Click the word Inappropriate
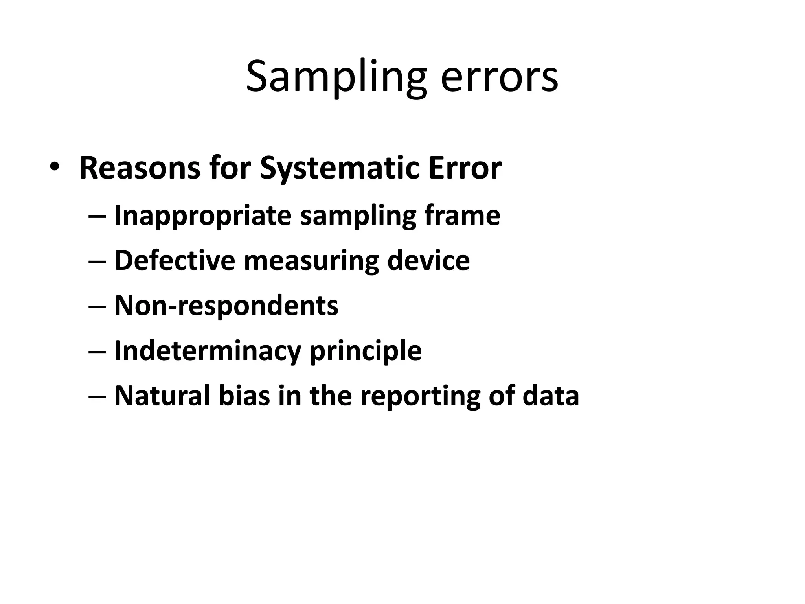pos(202,216)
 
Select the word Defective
pos(175,260)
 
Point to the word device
pos(428,260)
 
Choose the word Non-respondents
pos(226,306)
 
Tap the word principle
pos(366,351)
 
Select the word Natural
pos(162,396)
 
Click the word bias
pos(244,396)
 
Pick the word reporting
pos(420,396)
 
